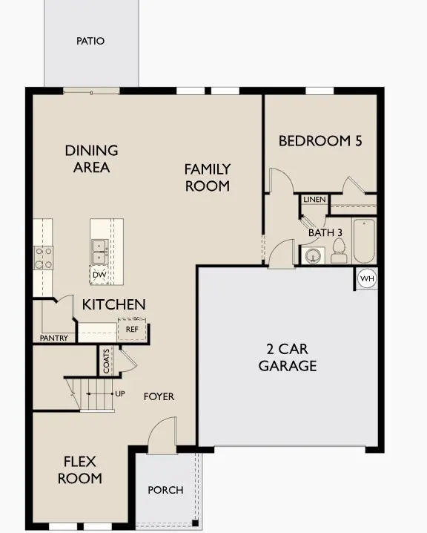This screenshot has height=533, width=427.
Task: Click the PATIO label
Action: [90, 41]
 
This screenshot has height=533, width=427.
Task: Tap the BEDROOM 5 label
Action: [320, 140]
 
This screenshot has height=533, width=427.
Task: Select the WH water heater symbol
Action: [367, 278]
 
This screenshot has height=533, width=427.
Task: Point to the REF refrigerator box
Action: [132, 329]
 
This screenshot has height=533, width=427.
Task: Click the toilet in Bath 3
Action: [340, 254]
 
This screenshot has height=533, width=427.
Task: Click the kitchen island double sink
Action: [99, 251]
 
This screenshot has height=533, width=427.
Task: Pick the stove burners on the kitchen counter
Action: [43, 257]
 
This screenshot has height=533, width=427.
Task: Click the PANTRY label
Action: [53, 339]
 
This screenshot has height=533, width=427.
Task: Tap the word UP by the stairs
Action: [119, 394]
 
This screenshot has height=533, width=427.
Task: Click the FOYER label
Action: [159, 396]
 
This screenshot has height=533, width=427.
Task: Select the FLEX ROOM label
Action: [79, 470]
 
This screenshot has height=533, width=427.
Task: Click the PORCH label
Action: [165, 490]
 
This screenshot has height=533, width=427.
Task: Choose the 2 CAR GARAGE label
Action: [287, 357]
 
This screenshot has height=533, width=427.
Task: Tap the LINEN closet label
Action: [312, 200]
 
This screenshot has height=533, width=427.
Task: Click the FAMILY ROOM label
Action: [208, 177]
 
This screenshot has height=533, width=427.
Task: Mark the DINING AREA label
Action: [91, 158]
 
